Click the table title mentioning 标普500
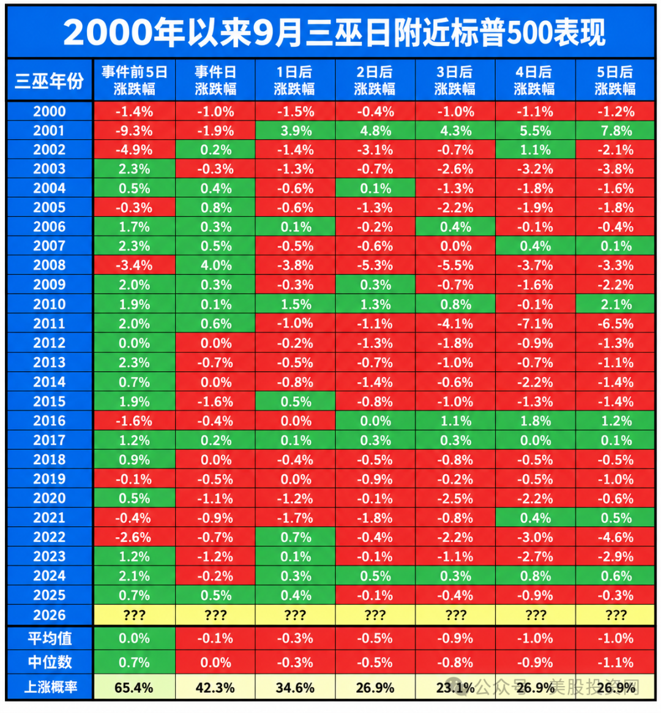pos(334,32)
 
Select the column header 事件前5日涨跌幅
pos(135,80)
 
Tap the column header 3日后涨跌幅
pos(455,80)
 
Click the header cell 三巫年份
pos(50,80)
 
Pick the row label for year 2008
pos(50,265)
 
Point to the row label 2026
pos(50,615)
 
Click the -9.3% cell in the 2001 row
pos(135,131)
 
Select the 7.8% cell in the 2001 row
pos(616,131)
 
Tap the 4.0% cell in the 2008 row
pos(216,265)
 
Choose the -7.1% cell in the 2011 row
pos(535,324)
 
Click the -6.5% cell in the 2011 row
pos(616,324)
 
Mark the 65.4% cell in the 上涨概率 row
pos(135,687)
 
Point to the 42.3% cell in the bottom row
pos(216,687)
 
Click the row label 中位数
pos(50,662)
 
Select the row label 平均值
pos(50,638)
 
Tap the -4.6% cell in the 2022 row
pos(616,537)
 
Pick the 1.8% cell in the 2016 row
pos(535,421)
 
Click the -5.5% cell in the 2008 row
pos(455,265)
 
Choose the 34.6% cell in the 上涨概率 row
pos(295,687)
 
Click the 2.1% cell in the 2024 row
pos(135,576)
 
